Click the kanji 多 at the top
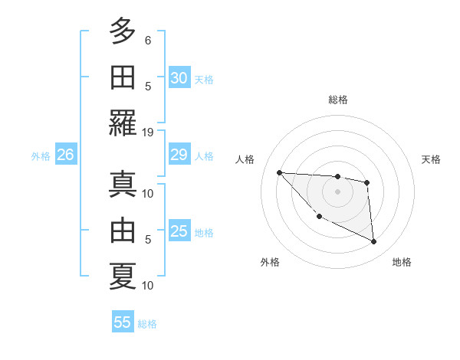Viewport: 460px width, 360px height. pyautogui.click(x=122, y=31)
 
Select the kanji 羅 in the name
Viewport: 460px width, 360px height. pyautogui.click(x=122, y=123)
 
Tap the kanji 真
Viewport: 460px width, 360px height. pyautogui.click(x=122, y=184)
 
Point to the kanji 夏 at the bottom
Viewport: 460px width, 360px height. pyautogui.click(x=122, y=276)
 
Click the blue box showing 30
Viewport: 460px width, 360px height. pyautogui.click(x=179, y=78)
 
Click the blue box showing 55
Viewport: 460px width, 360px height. pyautogui.click(x=123, y=322)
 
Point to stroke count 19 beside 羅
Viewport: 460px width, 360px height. pyautogui.click(x=148, y=132)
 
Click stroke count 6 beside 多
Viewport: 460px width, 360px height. pyautogui.click(x=148, y=40)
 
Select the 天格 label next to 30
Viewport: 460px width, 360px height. pyautogui.click(x=204, y=79)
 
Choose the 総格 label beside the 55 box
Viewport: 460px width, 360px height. pyautogui.click(x=147, y=323)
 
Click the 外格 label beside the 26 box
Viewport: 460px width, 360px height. pyautogui.click(x=41, y=156)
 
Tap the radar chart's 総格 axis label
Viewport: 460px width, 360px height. pyautogui.click(x=338, y=100)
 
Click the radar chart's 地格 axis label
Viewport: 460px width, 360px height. pyautogui.click(x=402, y=262)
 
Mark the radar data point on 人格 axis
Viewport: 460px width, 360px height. pyautogui.click(x=279, y=172)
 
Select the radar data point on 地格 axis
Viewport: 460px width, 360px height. pyautogui.click(x=374, y=242)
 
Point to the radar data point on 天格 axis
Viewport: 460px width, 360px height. pyautogui.click(x=367, y=182)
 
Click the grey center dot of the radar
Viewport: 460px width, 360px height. pyautogui.click(x=337, y=191)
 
